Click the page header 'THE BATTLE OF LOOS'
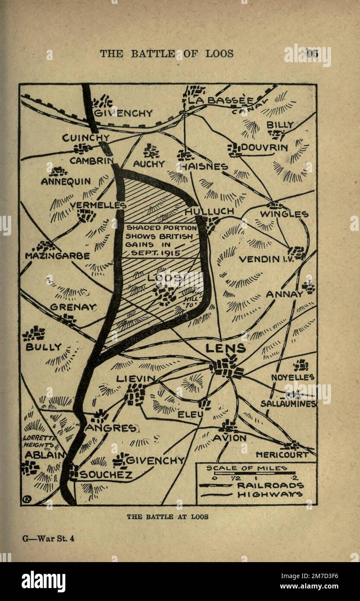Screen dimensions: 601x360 click(167, 54)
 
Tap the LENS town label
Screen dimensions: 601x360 click(225, 348)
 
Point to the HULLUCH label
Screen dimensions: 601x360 click(209, 211)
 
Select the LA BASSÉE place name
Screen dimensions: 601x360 click(221, 101)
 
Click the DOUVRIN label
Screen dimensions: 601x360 click(264, 147)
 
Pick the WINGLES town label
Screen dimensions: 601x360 click(284, 214)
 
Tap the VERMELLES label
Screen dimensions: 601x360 click(98, 205)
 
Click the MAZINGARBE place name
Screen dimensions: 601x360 click(57, 256)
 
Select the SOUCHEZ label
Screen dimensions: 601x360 click(106, 475)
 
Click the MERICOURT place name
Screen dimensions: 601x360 click(282, 455)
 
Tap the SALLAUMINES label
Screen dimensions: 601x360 click(288, 403)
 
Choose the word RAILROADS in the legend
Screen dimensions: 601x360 click(270, 486)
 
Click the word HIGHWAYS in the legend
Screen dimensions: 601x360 click(270, 495)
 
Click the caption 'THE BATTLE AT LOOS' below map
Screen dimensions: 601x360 click(167, 517)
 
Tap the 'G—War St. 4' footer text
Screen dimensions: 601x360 click(48, 539)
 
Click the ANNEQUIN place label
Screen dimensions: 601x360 click(66, 182)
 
